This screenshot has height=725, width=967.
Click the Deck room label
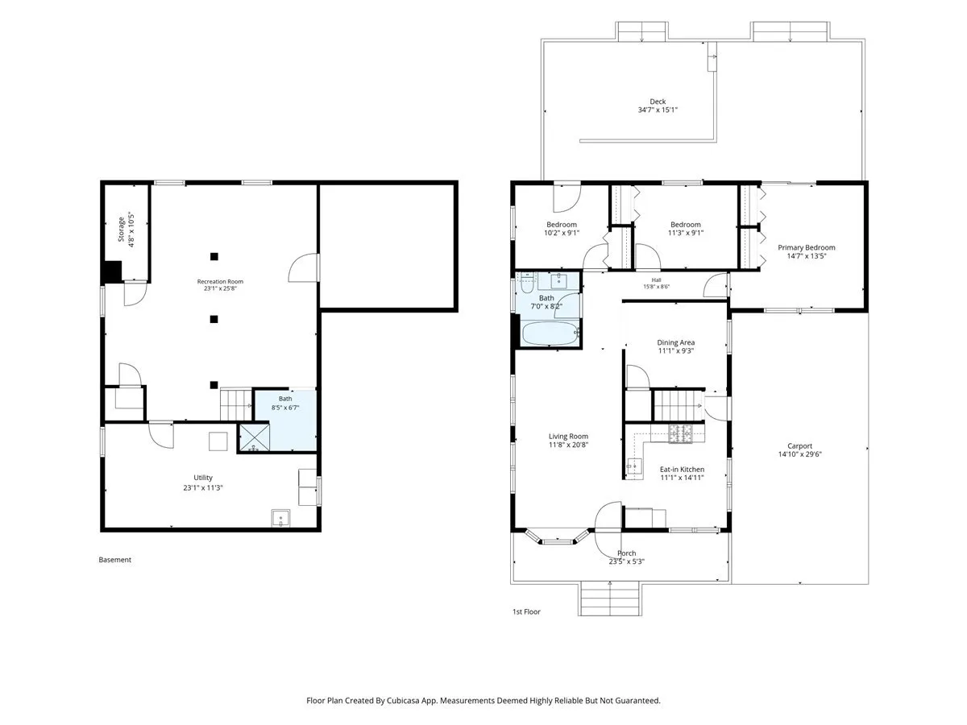point(658,101)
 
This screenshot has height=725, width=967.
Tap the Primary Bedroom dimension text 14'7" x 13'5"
point(806,255)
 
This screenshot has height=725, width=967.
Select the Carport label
point(799,446)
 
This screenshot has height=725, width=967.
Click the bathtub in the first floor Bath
point(550,333)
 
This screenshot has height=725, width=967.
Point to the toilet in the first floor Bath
point(526,283)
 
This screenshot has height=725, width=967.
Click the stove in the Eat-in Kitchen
point(681,433)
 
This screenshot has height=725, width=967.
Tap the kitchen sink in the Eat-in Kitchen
point(634,465)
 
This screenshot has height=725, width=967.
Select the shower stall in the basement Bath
point(254,437)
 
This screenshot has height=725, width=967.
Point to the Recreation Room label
point(220,281)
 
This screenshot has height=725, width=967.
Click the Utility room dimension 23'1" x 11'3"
point(203,487)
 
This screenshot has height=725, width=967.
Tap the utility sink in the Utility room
point(280,518)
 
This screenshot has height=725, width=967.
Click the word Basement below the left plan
point(114,560)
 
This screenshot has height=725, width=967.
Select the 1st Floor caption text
point(526,611)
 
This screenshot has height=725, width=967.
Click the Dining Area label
point(675,342)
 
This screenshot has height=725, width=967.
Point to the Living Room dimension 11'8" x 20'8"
point(568,445)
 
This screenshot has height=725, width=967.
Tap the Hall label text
point(656,280)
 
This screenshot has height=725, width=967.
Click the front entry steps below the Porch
point(609,599)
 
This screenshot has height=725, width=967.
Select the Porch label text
point(626,553)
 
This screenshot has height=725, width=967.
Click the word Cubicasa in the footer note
point(403,700)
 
